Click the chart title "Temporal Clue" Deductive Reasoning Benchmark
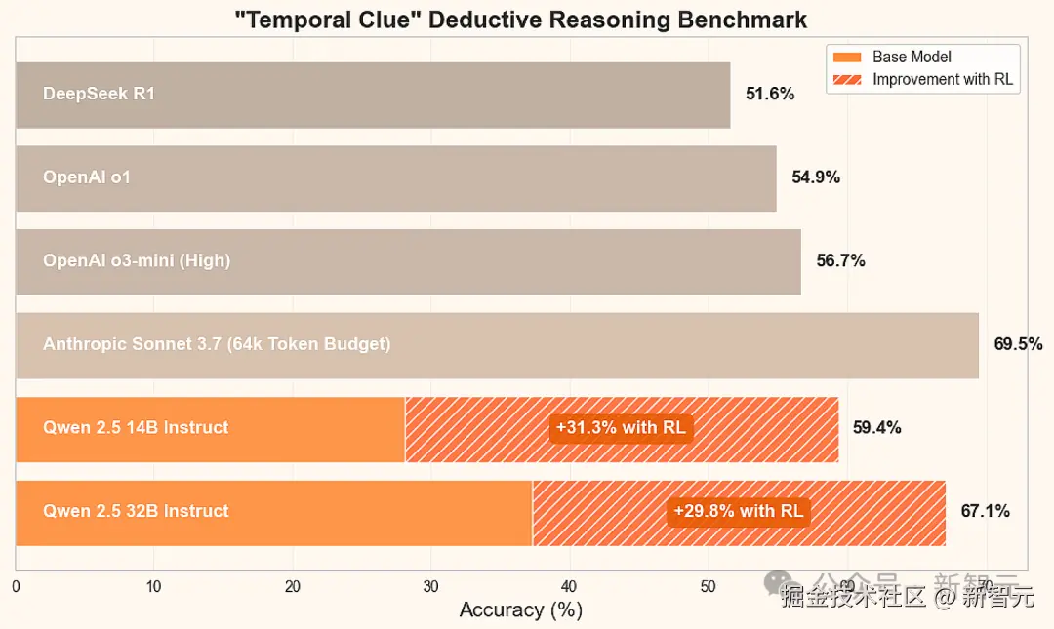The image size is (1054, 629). [x=522, y=19]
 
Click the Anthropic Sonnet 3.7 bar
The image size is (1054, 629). [x=497, y=345]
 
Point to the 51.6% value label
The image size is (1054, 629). [x=770, y=95]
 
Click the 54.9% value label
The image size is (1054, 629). [x=816, y=177]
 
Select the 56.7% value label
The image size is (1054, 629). [x=840, y=261]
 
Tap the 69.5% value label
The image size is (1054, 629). [x=1018, y=344]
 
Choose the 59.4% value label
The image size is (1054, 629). [x=876, y=428]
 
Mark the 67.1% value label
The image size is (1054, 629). [x=985, y=511]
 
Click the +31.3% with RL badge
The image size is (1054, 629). [x=621, y=428]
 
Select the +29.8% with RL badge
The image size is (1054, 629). [x=738, y=511]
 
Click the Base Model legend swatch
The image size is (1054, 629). [x=848, y=58]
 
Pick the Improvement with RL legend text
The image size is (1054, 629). [x=943, y=80]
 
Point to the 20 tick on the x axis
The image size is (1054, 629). [x=292, y=587]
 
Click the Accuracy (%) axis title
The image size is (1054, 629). [x=520, y=610]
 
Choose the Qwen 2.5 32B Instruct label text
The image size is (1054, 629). [x=136, y=511]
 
